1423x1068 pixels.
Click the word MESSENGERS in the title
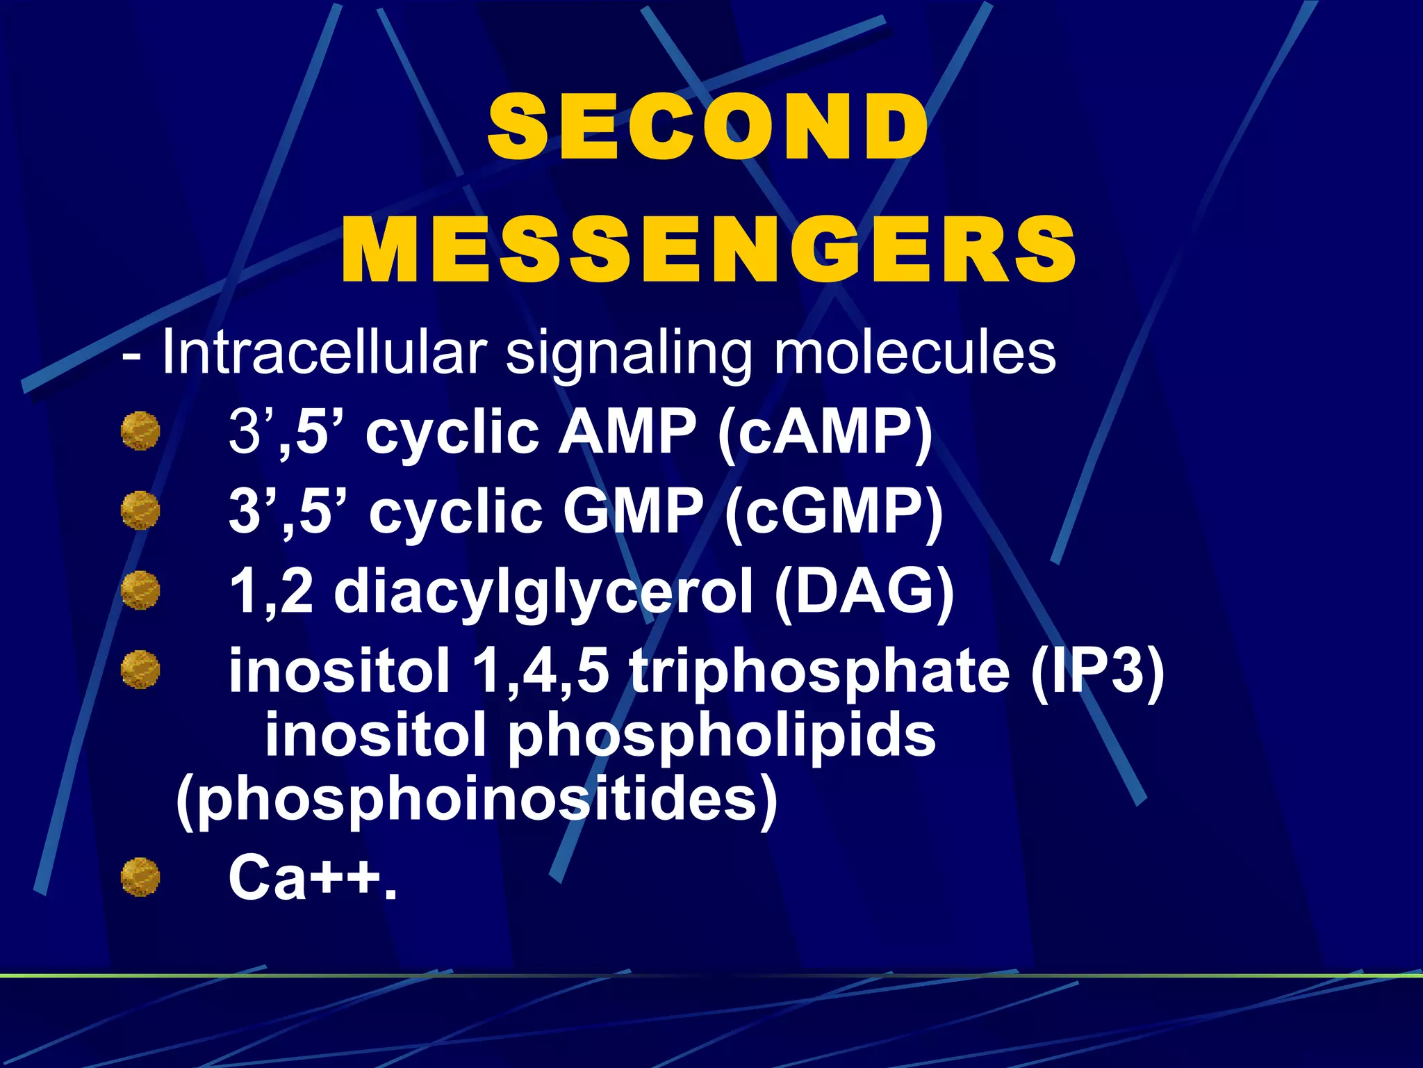tap(709, 250)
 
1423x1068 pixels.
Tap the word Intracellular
tap(324, 353)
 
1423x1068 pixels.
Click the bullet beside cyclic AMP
tap(140, 431)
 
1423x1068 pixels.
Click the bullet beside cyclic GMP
tap(140, 510)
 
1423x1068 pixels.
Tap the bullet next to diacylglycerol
tap(140, 590)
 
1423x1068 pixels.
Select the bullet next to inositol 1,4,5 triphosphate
tap(140, 670)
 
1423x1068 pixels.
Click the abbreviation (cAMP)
tap(825, 432)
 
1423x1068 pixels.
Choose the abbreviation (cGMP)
tap(833, 512)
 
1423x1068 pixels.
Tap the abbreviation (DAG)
tap(864, 592)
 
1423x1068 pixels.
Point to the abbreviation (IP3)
tap(1097, 671)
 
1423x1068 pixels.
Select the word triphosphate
tap(819, 672)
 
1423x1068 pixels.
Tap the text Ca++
tap(312, 877)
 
